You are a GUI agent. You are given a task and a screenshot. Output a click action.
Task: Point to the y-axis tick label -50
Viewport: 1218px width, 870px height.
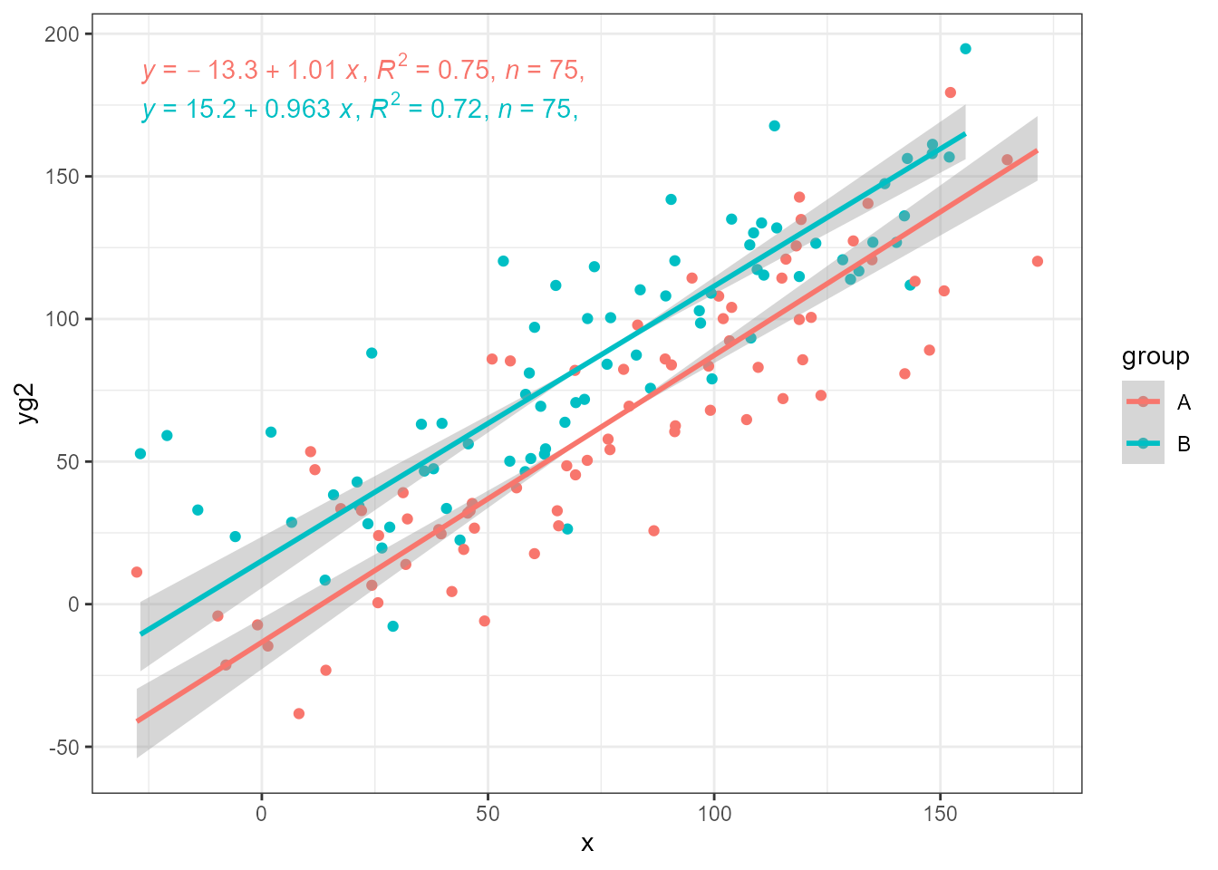(64, 748)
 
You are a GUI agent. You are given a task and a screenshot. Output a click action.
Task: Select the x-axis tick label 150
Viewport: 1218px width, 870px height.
(940, 814)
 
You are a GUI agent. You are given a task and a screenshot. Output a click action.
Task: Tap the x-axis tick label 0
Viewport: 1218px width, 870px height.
(262, 814)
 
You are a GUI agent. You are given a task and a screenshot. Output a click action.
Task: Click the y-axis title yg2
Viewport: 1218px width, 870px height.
(27, 403)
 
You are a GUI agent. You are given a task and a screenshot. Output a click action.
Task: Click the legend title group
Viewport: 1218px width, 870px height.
(1155, 357)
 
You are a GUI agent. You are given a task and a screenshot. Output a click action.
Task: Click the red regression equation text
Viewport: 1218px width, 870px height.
(362, 70)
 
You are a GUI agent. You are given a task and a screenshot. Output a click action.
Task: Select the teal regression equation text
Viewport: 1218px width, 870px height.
(359, 110)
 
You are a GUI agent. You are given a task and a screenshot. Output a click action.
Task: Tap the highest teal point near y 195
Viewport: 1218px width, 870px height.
(965, 49)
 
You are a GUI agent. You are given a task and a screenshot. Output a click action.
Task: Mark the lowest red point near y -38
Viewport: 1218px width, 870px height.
(299, 714)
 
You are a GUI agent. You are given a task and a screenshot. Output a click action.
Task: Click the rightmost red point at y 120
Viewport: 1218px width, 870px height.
(1038, 262)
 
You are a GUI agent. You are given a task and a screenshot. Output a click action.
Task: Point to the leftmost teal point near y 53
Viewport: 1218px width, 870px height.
(140, 454)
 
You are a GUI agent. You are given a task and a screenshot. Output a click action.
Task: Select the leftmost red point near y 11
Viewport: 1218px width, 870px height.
(137, 572)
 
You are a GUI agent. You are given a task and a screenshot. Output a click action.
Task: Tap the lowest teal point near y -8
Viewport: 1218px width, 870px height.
(392, 626)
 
